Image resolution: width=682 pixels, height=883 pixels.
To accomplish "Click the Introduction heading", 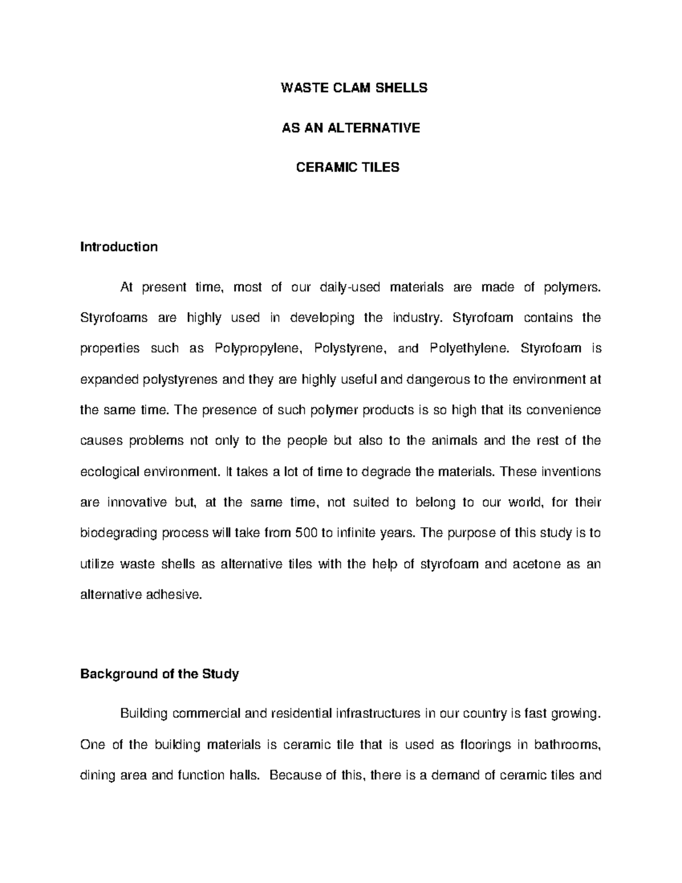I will click(x=119, y=247).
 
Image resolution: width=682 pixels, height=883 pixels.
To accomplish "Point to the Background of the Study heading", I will click(x=159, y=674).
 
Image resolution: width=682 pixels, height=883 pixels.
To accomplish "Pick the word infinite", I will click(x=356, y=533).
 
